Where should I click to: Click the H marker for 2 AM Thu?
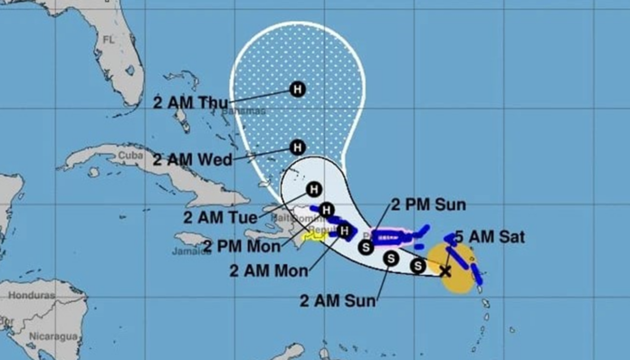click(x=297, y=89)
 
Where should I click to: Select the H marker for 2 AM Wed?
click(x=297, y=147)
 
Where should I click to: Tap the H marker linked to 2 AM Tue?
click(x=313, y=189)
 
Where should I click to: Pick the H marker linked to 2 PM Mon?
click(x=328, y=211)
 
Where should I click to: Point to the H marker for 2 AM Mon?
click(x=344, y=231)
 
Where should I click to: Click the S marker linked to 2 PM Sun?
click(x=366, y=245)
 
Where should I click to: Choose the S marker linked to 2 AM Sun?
click(x=390, y=258)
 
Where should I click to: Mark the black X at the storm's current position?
click(x=445, y=270)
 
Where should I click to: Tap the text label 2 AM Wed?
click(x=192, y=160)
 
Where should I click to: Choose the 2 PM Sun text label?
click(x=429, y=204)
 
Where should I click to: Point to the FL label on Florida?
click(x=110, y=40)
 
